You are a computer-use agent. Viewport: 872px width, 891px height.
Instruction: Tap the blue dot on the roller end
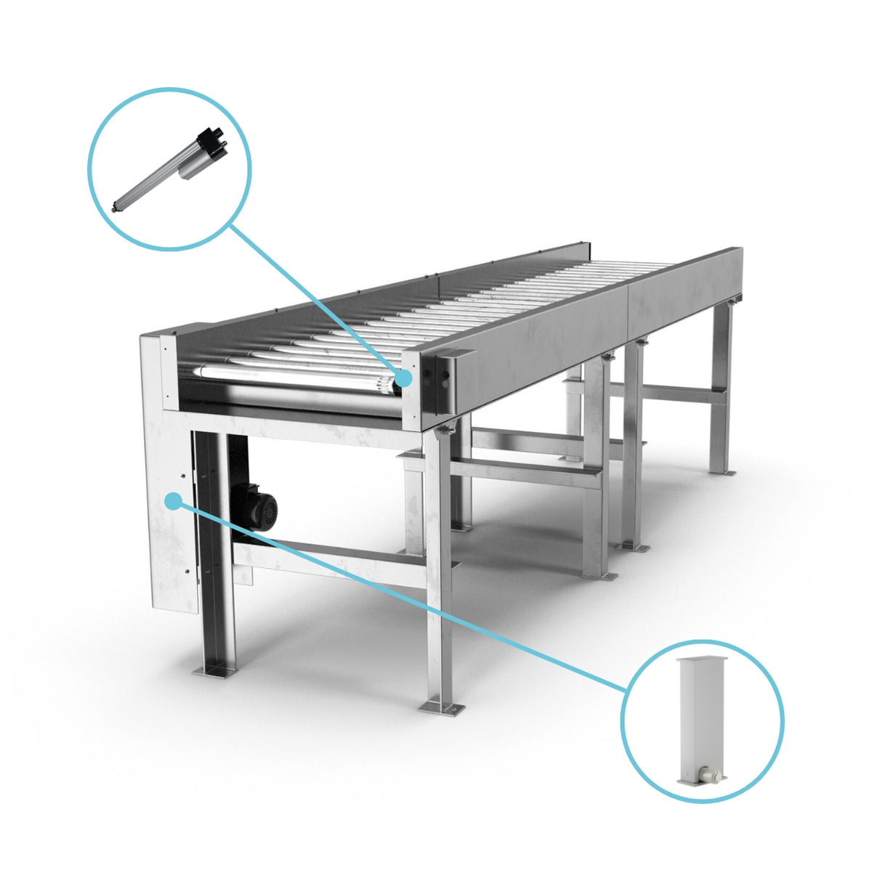tap(403, 378)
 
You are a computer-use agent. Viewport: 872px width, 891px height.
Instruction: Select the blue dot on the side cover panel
tap(173, 500)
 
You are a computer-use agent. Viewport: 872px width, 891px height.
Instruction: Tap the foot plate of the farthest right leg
tap(721, 472)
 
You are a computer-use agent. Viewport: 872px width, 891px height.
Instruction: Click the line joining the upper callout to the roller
tap(312, 298)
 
